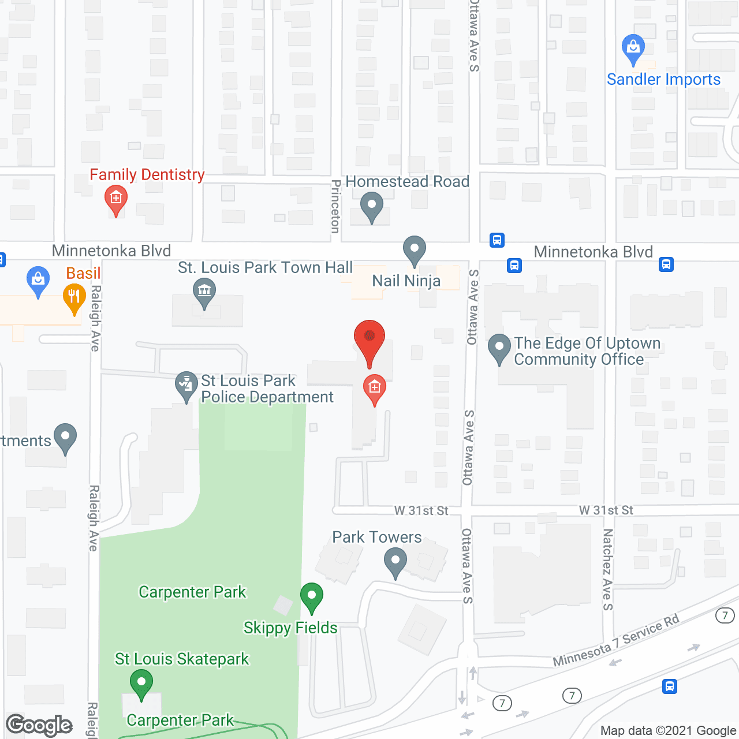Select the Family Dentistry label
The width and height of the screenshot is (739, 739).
(147, 174)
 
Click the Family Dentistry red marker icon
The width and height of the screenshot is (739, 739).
(116, 200)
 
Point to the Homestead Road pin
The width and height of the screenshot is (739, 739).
(372, 206)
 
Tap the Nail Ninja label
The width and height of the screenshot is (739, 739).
(406, 281)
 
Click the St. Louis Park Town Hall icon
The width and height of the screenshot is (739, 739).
(204, 292)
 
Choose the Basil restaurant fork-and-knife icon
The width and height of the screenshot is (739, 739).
(74, 297)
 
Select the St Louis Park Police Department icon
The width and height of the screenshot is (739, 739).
(186, 385)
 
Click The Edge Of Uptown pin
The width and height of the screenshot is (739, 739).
(499, 349)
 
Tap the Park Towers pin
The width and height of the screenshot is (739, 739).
(395, 562)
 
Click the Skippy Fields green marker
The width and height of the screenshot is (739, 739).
(312, 597)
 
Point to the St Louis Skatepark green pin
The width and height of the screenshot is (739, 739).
(141, 684)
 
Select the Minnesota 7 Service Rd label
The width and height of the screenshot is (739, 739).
(616, 641)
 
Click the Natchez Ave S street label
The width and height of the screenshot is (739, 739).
(607, 569)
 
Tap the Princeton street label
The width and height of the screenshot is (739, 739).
(335, 207)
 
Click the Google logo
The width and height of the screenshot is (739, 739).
(39, 725)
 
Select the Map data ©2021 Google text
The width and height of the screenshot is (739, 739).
(668, 731)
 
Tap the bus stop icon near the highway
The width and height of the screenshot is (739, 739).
(670, 686)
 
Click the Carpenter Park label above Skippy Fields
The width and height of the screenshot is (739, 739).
(192, 592)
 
